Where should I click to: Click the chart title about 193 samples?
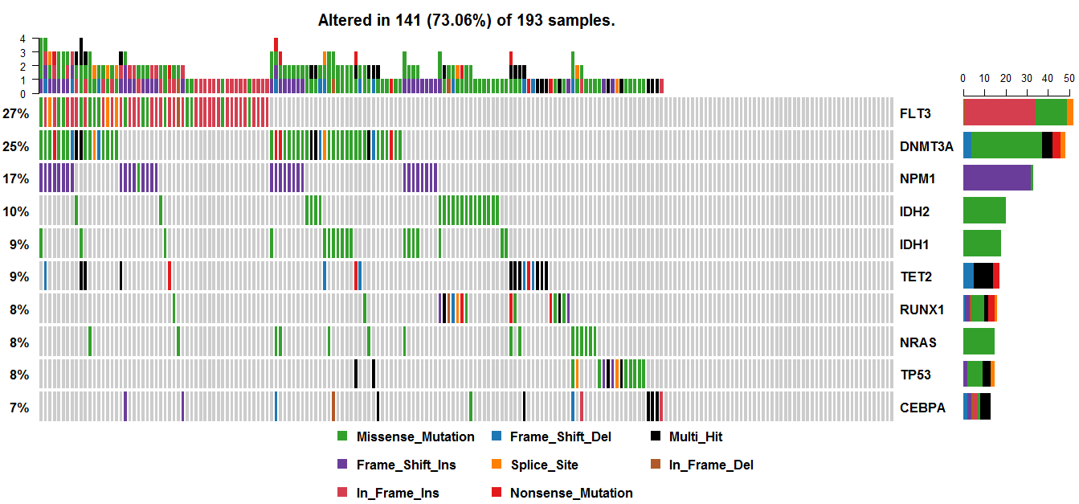click(x=466, y=20)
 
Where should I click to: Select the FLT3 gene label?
click(x=915, y=113)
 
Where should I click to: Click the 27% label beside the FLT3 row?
click(x=16, y=113)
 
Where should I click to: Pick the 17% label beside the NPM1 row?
click(x=16, y=178)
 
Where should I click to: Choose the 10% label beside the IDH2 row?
click(x=16, y=211)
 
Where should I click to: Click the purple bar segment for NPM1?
click(x=996, y=178)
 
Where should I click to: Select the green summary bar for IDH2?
click(x=984, y=211)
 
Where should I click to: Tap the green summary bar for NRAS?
click(x=979, y=342)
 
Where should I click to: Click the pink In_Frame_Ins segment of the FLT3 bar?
click(x=999, y=113)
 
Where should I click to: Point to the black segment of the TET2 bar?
click(x=983, y=276)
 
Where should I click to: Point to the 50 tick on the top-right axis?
click(x=1069, y=78)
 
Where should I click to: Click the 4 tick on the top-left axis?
click(x=22, y=39)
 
